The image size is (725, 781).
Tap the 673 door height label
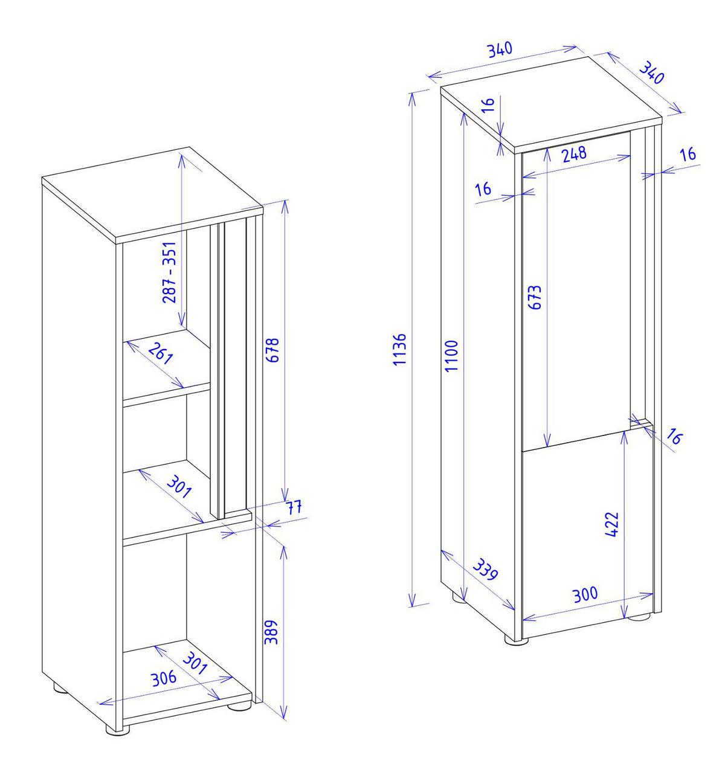pos(535,297)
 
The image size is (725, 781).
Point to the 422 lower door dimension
pos(612,524)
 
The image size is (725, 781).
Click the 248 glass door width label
pos(575,155)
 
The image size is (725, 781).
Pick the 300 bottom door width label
pos(585,594)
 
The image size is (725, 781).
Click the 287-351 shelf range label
pos(170,272)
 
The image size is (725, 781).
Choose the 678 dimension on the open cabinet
pos(272,350)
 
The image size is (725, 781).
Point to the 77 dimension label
pos(295,507)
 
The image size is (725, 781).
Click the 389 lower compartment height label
pos(271,632)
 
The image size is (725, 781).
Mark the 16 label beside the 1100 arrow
pos(488,105)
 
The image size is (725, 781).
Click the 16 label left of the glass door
pos(483,189)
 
